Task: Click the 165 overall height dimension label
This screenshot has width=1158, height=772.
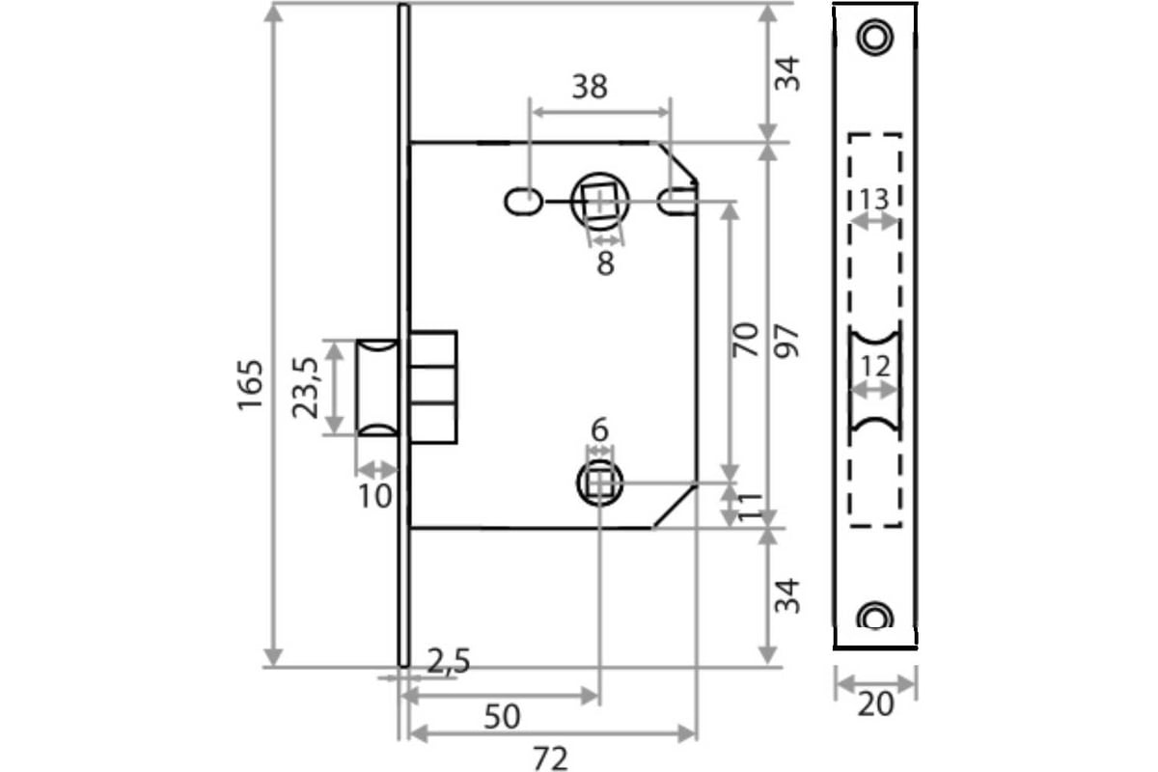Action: pos(250,385)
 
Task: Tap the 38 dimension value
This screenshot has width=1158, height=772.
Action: pos(590,87)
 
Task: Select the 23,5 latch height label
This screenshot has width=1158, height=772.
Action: pos(305,387)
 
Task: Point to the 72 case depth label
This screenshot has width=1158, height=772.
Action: pos(551,759)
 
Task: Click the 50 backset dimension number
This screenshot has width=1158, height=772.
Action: pos(502,717)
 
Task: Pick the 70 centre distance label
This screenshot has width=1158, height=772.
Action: pos(745,340)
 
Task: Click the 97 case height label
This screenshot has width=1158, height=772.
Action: pos(786,342)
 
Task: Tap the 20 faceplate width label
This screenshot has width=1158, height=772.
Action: pos(875,704)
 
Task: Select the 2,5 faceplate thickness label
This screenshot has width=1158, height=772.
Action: pos(449,661)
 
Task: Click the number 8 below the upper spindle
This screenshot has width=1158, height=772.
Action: pos(605,263)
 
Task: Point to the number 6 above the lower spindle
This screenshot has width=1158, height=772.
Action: pos(599,429)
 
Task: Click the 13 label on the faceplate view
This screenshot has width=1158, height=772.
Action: pos(874,200)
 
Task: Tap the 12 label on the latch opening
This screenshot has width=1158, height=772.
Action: pos(875,367)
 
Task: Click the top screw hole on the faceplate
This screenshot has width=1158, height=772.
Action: pos(874,38)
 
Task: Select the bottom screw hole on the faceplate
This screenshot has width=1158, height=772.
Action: pos(874,617)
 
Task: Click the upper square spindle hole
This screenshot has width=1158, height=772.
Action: pos(599,202)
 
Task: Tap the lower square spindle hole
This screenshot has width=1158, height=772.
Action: pos(599,482)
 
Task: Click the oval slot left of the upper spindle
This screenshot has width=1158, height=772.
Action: pos(523,202)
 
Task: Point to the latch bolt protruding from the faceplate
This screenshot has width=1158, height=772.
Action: pos(377,387)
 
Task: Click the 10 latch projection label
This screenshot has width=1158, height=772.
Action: pos(374,496)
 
